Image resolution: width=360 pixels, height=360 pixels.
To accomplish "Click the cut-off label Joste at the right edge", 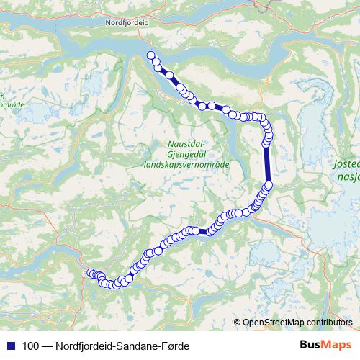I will coord(346,163).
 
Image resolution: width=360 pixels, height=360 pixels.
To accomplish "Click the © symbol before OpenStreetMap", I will coord(238,323).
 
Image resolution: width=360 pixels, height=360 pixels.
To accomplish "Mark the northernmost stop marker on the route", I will coord(151,55).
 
